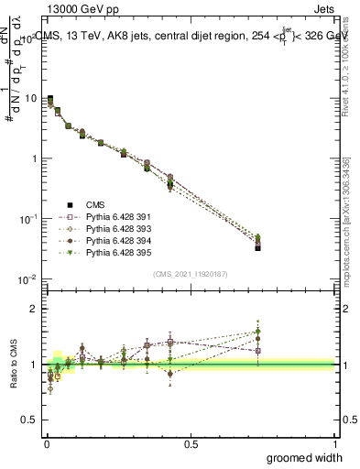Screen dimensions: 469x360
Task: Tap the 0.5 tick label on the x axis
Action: (x=191, y=443)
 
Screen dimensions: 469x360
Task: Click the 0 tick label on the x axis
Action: (x=46, y=443)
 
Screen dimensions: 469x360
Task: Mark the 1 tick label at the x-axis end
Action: (x=335, y=443)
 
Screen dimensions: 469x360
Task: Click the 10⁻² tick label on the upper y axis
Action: (x=27, y=278)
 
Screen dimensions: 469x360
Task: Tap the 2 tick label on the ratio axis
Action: (x=34, y=309)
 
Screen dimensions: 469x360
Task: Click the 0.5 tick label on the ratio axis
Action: (x=29, y=420)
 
